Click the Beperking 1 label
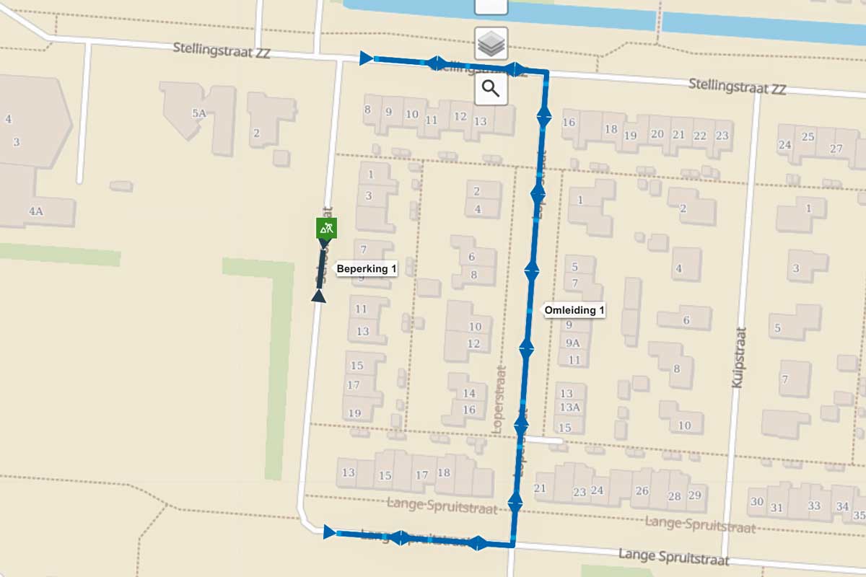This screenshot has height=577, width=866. (x=367, y=269)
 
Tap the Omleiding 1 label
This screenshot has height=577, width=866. (x=574, y=310)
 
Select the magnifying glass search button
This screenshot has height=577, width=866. (x=491, y=89)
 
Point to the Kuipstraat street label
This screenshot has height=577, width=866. (x=738, y=357)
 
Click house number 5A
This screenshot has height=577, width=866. (x=199, y=113)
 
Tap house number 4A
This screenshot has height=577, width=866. (x=36, y=211)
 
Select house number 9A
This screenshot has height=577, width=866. (x=573, y=343)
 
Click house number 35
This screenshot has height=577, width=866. (x=859, y=515)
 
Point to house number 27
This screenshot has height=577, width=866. (x=836, y=149)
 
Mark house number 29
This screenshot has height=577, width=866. (x=694, y=495)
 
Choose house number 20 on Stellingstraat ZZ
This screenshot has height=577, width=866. (x=657, y=133)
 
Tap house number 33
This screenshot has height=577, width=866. (x=814, y=506)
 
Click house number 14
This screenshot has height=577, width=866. (x=469, y=393)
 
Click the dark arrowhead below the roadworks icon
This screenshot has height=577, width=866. (x=318, y=296)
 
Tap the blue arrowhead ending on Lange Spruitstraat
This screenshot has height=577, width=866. (x=330, y=532)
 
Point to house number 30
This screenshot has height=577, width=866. (x=756, y=501)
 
